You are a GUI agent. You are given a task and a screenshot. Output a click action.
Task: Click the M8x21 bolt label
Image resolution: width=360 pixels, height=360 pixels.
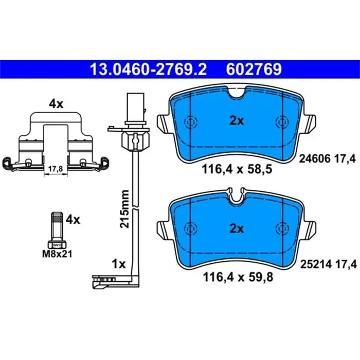[57, 253]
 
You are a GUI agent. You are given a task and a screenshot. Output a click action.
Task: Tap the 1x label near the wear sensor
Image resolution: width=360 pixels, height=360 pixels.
[119, 264]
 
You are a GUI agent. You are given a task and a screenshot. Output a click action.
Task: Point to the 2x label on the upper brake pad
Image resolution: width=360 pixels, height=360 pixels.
[236, 121]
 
